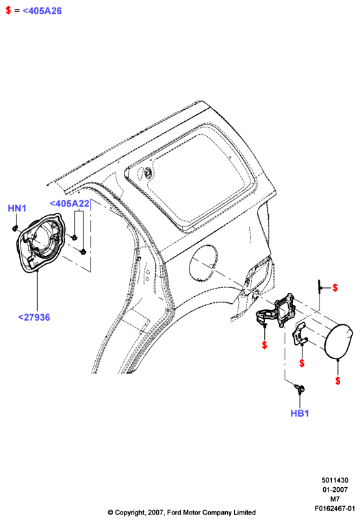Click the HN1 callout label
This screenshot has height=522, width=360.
click(16, 209)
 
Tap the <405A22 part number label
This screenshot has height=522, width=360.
click(70, 203)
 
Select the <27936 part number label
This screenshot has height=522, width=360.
click(34, 317)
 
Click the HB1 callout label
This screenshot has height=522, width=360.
click(300, 413)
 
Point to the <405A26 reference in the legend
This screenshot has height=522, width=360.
click(42, 11)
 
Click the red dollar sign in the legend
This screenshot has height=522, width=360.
click(8, 10)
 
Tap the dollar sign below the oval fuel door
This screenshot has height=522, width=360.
click(337, 380)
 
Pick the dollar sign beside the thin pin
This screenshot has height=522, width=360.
click(335, 287)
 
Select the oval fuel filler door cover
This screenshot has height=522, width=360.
click(338, 341)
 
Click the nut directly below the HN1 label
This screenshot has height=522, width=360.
click(14, 229)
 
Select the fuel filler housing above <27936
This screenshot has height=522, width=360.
click(40, 243)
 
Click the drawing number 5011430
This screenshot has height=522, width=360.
click(335, 480)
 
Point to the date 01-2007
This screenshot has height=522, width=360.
click(335, 490)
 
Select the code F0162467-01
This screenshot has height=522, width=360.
click(335, 509)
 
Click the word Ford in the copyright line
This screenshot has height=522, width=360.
click(175, 512)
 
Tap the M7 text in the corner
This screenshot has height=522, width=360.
click(335, 499)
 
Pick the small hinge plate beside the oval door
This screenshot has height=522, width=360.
click(300, 334)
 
